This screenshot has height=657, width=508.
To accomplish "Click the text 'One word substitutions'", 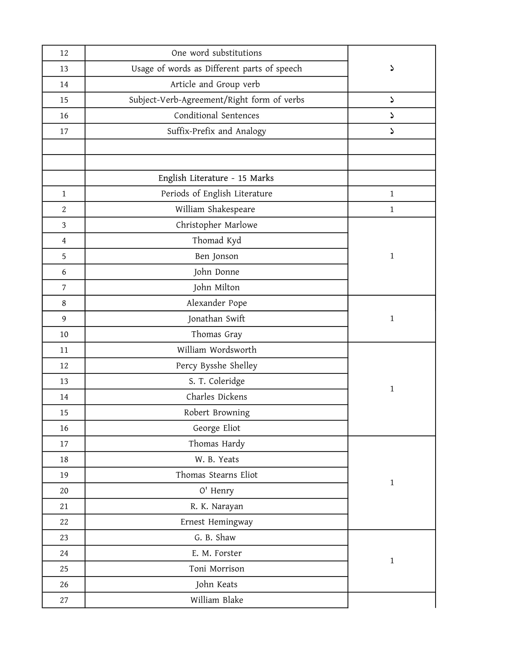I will tap(216, 53).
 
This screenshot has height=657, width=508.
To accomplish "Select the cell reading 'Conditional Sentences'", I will tap(216, 116).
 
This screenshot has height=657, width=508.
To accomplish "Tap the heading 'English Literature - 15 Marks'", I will tap(216, 178).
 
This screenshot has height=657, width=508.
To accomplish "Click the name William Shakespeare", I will tap(215, 209).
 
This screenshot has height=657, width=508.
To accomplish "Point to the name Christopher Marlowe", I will tap(216, 225).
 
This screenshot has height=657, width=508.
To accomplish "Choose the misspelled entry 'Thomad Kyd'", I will tap(216, 240).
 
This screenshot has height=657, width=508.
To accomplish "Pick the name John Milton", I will tap(216, 287).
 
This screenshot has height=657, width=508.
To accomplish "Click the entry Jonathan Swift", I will tap(216, 319).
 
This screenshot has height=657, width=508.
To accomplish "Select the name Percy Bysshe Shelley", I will tap(216, 366).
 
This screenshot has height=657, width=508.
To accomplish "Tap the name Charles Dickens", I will tap(216, 397).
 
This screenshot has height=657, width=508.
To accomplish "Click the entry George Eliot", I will tap(216, 428).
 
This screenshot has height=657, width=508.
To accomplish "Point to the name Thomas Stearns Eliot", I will tap(216, 475).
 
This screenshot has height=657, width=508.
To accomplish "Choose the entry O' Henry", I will tap(216, 491).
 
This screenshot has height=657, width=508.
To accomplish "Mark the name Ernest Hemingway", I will tap(216, 522).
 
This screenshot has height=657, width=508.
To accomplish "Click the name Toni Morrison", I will tap(216, 569).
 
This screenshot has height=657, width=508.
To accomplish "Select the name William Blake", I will tap(216, 600).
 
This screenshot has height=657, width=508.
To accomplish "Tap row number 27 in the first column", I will tap(64, 601).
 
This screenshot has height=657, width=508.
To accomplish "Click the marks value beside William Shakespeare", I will tap(391, 209).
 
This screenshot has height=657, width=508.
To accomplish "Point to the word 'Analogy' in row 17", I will tap(251, 131).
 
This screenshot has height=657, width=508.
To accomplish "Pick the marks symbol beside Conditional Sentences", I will tap(391, 116).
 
